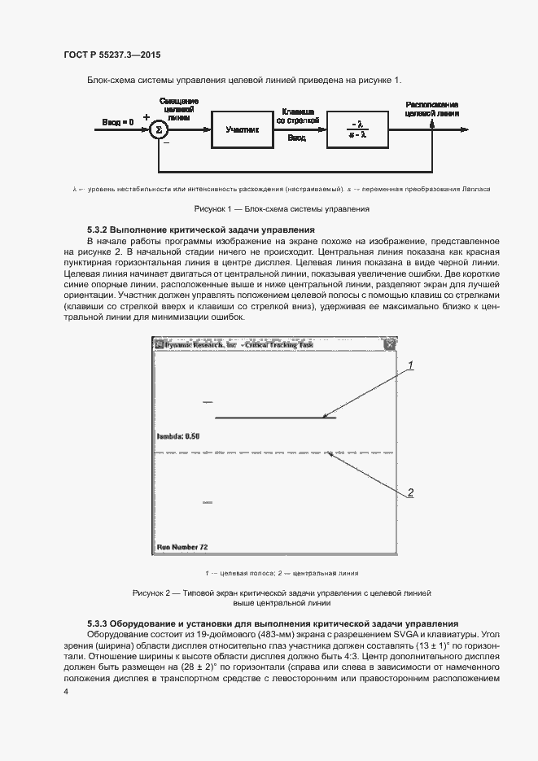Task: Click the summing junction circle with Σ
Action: point(159,129)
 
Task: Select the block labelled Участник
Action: point(243,129)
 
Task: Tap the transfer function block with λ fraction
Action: point(359,129)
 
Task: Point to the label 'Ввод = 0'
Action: point(117,122)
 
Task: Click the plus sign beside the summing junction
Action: point(147,117)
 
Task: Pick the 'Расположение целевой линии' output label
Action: point(431,109)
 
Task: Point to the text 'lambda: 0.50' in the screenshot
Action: point(177,436)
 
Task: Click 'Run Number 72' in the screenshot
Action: point(182,547)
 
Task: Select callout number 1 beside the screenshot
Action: point(411,365)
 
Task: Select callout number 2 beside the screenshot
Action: point(411,492)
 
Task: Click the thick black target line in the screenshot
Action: point(275,418)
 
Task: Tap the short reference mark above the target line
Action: point(208,402)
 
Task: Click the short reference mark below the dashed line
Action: point(208,503)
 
